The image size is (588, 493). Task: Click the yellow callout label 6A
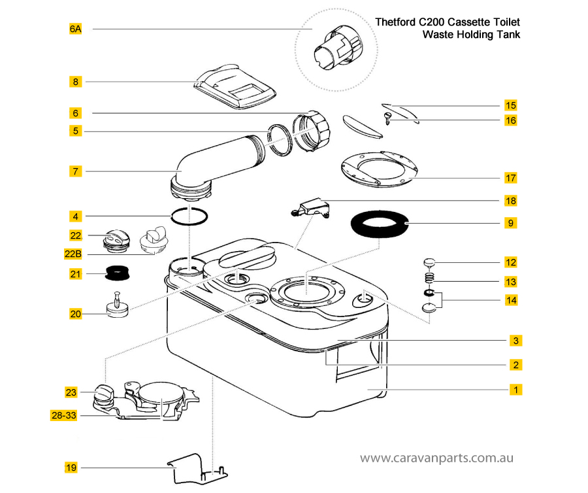tap(75, 29)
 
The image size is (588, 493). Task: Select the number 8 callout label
tap(75, 82)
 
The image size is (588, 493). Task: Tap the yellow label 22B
tap(73, 254)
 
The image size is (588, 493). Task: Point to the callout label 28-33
tap(64, 415)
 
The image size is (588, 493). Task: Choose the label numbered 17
tap(511, 178)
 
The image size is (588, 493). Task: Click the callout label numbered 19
tap(71, 467)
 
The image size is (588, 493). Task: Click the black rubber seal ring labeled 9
tap(380, 223)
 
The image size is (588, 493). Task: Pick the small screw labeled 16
tap(387, 118)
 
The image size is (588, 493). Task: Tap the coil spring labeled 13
tap(430, 279)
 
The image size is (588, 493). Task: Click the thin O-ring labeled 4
tap(189, 216)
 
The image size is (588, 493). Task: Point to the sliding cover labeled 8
tap(235, 87)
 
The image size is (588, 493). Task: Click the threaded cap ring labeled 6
tap(312, 131)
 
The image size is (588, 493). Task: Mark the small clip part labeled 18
tap(311, 207)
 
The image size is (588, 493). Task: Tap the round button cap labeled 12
tap(429, 262)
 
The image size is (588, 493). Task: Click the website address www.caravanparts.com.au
tap(436, 458)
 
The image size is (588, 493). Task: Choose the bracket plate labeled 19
tap(197, 469)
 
